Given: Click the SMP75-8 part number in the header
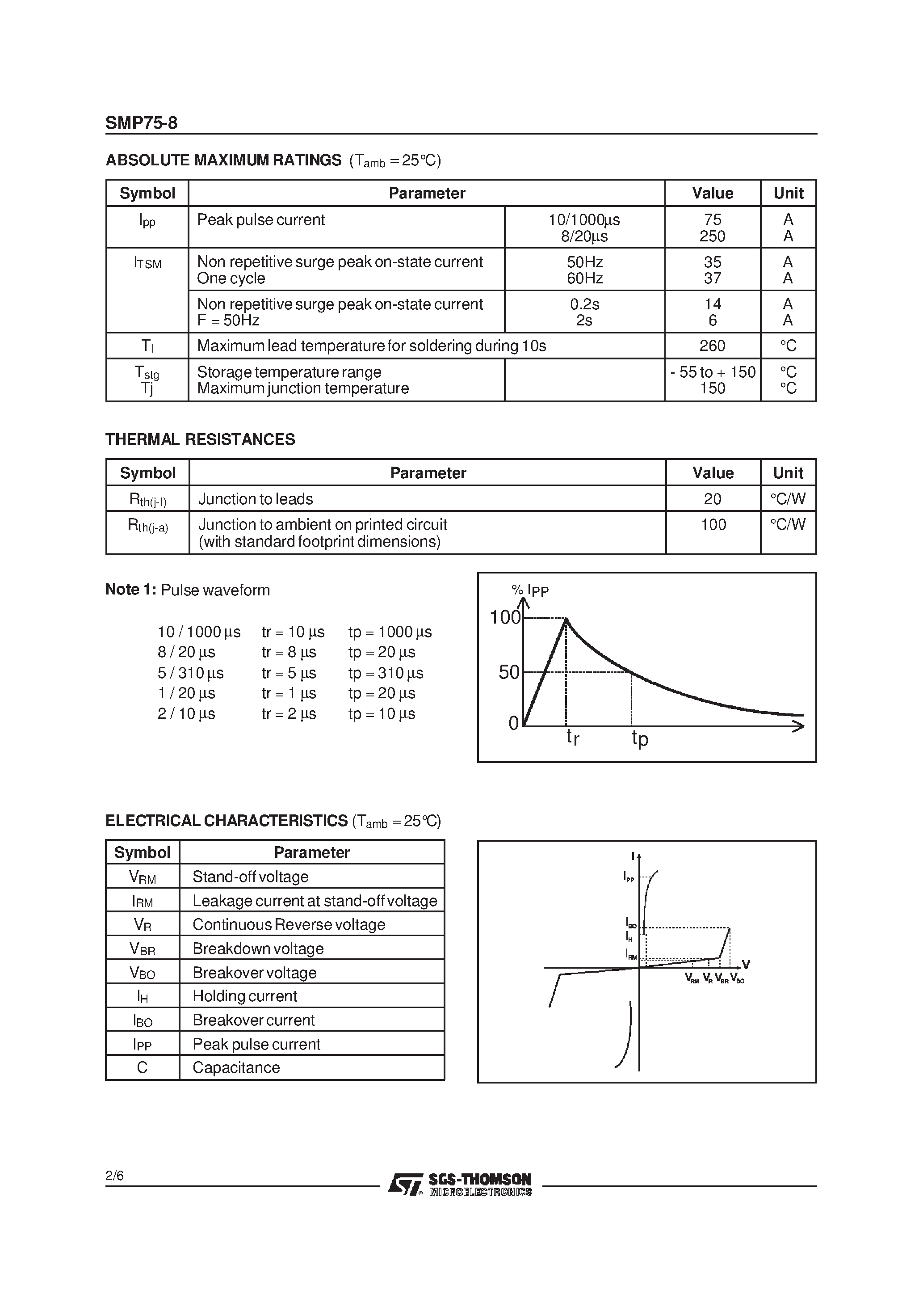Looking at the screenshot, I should coord(141,123).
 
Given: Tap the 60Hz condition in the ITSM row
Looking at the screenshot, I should coord(584,278).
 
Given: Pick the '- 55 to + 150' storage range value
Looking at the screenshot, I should coord(713,372).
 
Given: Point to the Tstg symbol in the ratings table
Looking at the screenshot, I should coord(147,373).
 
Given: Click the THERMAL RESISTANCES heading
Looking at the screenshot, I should coord(200,439).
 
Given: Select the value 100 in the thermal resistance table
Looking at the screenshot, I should coord(713,524).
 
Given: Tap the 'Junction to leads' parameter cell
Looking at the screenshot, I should coord(256,499).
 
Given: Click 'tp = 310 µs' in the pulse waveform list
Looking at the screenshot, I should coord(386,674).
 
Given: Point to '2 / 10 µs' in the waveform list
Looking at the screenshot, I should coord(186,714).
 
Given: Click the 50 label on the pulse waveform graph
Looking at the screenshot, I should coord(509,672).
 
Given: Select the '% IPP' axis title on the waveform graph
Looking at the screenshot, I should coord(530,590).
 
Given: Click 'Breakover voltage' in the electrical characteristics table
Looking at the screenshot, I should coord(254,973).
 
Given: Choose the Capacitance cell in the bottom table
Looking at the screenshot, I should coord(236,1068).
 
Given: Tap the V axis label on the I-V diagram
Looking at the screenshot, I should coord(746,965).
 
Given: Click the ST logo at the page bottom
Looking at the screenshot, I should coord(405,1185).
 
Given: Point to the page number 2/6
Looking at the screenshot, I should coord(114,1176).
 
